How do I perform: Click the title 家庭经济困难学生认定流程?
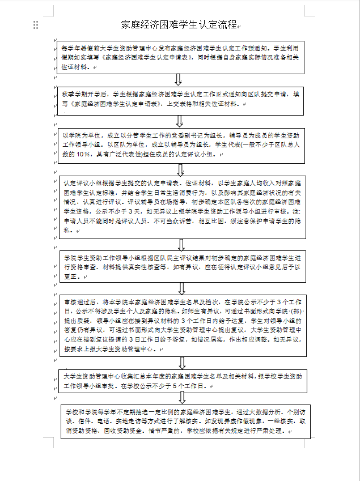(180, 24)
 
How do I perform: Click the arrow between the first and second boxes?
(180, 80)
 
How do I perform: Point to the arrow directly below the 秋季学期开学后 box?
(180, 121)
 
